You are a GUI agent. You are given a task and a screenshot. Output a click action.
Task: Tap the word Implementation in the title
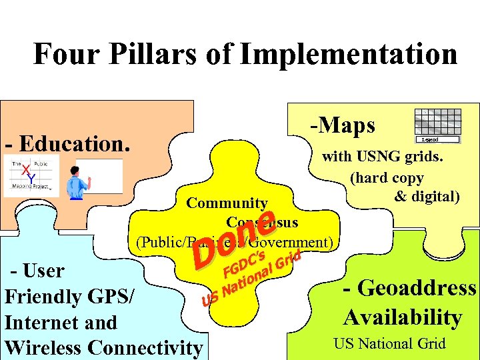click(349, 54)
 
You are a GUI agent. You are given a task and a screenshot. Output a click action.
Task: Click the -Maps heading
click(342, 125)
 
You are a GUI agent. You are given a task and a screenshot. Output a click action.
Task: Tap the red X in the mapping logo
click(26, 171)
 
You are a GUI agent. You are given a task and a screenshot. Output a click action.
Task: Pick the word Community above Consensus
click(227, 203)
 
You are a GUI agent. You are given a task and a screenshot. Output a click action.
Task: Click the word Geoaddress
click(409, 288)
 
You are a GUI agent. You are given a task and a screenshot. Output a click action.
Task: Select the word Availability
click(403, 317)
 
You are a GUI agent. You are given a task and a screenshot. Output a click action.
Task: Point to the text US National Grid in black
click(389, 344)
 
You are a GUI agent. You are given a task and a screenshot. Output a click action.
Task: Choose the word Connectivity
click(145, 348)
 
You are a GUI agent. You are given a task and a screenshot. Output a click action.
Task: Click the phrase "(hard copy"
click(387, 178)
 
